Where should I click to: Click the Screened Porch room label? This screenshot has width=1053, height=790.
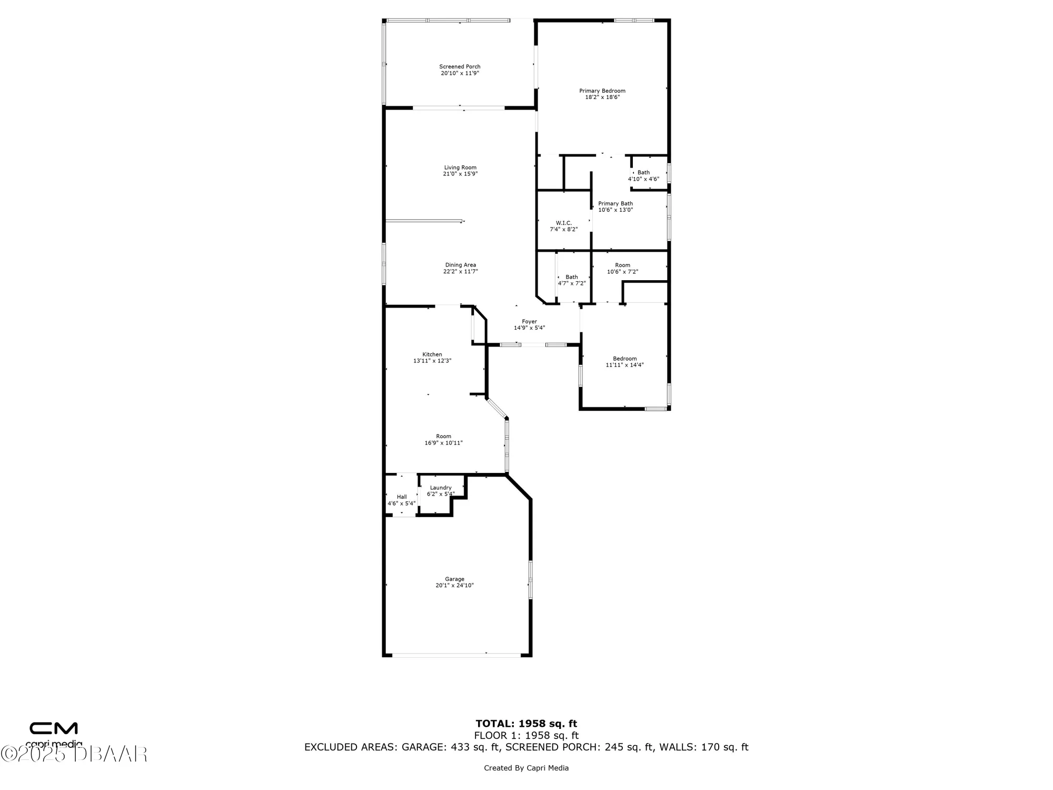(460, 67)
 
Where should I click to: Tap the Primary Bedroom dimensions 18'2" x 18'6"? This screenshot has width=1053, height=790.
(602, 97)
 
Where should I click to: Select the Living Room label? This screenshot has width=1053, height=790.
(460, 167)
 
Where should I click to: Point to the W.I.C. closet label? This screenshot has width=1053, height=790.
(563, 223)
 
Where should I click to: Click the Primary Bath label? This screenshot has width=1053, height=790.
(615, 204)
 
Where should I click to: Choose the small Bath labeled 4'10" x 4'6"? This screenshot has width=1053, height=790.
(643, 175)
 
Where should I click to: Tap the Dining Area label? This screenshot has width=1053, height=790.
(461, 265)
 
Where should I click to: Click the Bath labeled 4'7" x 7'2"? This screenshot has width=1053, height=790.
(571, 280)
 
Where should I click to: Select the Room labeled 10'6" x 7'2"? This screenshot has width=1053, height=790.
(622, 268)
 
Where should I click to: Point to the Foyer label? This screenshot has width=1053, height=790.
(529, 321)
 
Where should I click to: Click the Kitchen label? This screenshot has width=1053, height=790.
(432, 354)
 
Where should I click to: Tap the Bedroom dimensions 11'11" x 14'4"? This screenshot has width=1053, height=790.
(624, 365)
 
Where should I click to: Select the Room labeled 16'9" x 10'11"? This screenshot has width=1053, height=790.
(443, 439)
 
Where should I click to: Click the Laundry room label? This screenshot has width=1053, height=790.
(441, 488)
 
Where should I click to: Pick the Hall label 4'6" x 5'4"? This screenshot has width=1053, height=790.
(402, 500)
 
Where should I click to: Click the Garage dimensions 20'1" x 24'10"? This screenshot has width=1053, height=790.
(454, 585)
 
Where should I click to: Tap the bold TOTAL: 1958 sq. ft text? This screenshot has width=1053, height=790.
(526, 724)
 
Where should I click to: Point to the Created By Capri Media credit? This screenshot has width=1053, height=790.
(526, 768)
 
